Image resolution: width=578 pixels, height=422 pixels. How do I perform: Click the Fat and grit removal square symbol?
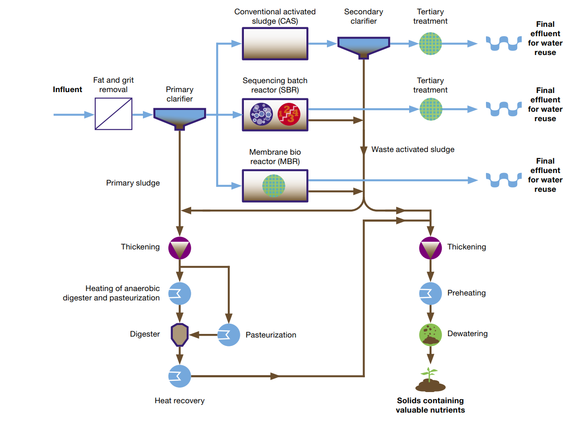click(x=113, y=114)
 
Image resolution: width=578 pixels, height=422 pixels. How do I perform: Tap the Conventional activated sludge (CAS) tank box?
click(x=275, y=44)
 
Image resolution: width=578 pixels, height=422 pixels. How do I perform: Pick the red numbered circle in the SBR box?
click(x=289, y=114)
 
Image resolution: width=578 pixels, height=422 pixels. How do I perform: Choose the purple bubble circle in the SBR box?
click(x=261, y=114)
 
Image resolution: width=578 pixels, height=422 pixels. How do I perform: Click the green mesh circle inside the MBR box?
click(x=273, y=186)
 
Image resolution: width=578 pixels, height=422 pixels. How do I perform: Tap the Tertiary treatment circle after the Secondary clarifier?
click(x=430, y=44)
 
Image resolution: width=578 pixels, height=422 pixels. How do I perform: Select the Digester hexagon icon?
click(x=180, y=334)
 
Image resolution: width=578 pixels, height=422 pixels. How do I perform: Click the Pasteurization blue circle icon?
click(x=229, y=334)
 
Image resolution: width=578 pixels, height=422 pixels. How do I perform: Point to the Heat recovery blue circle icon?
click(x=180, y=376)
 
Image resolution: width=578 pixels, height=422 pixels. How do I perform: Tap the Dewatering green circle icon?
click(x=430, y=334)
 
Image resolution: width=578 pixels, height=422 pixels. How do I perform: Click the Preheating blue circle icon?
click(x=430, y=293)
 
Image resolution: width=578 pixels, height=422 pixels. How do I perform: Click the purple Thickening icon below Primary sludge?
click(x=180, y=248)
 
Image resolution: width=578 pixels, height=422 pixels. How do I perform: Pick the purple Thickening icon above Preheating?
click(x=430, y=248)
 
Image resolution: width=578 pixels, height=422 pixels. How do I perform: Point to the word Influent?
click(x=67, y=89)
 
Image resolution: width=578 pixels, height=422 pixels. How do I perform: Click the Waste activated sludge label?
click(x=413, y=149)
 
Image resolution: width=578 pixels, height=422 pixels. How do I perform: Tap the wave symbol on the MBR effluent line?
click(x=503, y=180)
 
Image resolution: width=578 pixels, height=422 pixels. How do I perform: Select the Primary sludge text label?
click(x=133, y=183)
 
